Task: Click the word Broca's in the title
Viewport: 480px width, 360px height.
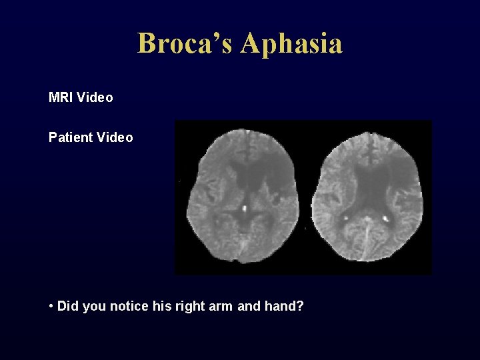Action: click(x=186, y=43)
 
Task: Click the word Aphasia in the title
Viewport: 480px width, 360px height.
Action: click(x=292, y=43)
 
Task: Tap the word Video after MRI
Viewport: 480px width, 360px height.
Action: click(x=95, y=98)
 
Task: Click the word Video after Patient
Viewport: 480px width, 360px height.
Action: click(x=115, y=138)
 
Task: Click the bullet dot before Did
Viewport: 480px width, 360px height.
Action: click(x=51, y=307)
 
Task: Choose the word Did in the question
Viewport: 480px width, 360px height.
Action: click(x=68, y=307)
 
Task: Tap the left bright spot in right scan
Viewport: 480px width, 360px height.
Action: click(x=347, y=217)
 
